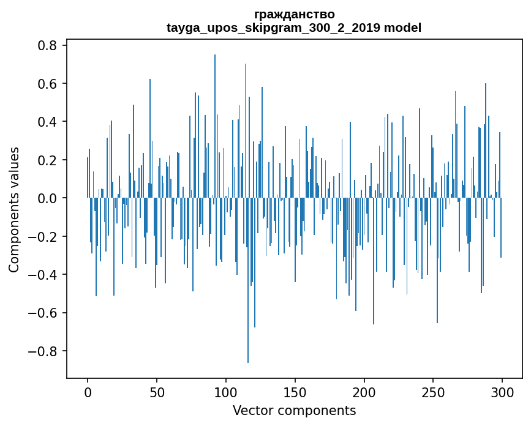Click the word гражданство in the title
[294, 14]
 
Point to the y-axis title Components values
[14, 209]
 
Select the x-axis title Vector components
[294, 410]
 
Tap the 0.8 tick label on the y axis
[47, 45]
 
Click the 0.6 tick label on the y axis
[47, 84]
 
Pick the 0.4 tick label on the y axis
[47, 122]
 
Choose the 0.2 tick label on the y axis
[47, 160]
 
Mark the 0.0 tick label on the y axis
[47, 198]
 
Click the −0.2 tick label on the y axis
[43, 237]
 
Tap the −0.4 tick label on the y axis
[43, 275]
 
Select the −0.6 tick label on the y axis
[43, 313]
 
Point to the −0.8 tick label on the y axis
[43, 351]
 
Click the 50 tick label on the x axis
[157, 392]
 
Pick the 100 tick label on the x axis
[226, 392]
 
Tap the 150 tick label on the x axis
[295, 392]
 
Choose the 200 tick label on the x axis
[364, 392]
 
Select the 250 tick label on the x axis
[433, 392]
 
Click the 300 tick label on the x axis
[502, 392]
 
